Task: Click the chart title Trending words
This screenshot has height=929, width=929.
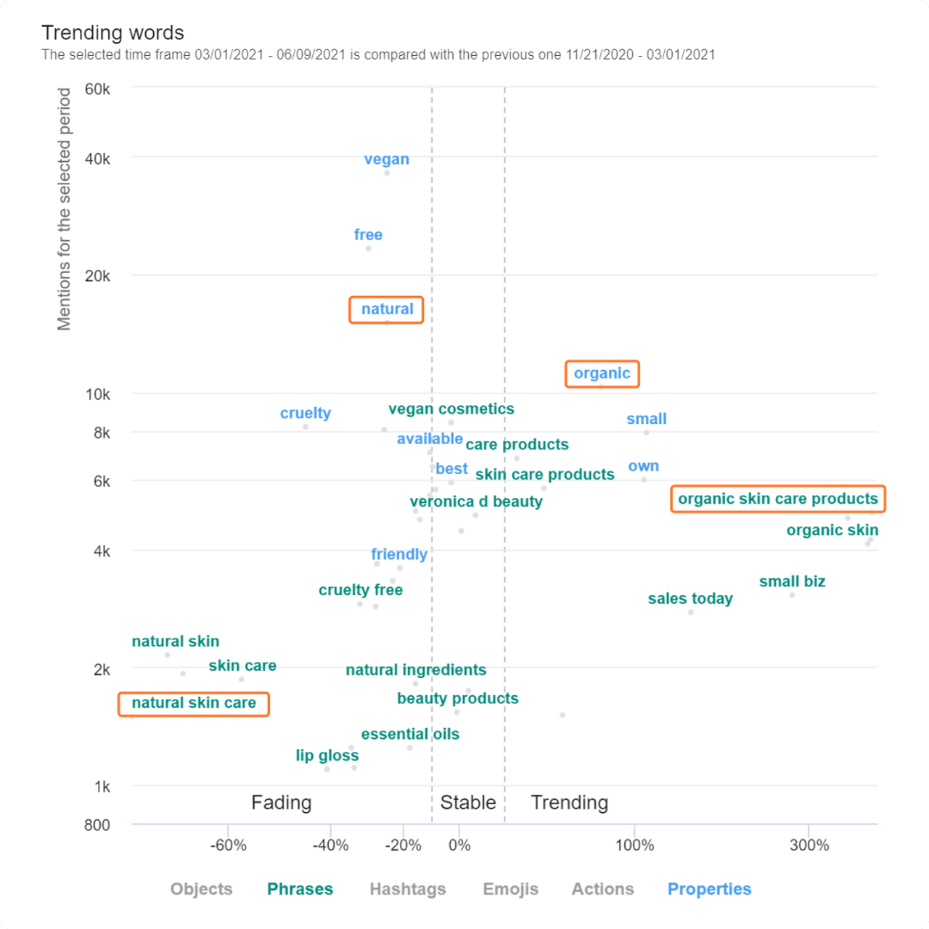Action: click(112, 33)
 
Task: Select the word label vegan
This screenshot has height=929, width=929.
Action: click(386, 160)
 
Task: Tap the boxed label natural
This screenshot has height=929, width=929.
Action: click(387, 309)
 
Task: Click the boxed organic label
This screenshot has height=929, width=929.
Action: click(602, 374)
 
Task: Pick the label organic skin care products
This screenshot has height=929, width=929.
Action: click(777, 499)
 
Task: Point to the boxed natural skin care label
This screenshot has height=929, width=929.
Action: click(194, 703)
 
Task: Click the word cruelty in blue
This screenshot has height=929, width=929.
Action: click(305, 413)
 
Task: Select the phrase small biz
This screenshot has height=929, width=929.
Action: click(792, 581)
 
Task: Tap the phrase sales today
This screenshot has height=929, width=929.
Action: click(689, 599)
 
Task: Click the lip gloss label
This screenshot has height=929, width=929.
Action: click(327, 756)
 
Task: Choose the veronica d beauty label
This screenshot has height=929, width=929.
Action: click(475, 502)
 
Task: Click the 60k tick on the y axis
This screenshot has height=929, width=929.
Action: click(97, 89)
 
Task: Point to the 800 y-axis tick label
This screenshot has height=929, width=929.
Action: click(97, 825)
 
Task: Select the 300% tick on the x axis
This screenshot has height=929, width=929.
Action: click(809, 846)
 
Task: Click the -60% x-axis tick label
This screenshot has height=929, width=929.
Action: click(229, 846)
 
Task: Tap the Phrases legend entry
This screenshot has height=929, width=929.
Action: click(300, 889)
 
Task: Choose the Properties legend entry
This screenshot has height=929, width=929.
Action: click(709, 889)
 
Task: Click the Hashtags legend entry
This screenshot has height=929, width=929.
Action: click(407, 889)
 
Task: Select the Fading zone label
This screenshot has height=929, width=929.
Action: click(281, 803)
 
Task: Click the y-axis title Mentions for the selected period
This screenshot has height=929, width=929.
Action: click(65, 209)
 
